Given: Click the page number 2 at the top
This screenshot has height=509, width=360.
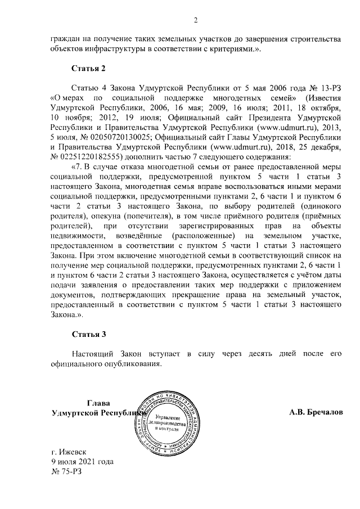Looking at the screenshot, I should click(x=196, y=21).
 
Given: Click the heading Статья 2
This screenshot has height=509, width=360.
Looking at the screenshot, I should click(x=88, y=69).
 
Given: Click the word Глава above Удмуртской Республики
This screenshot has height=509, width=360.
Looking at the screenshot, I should click(x=98, y=403).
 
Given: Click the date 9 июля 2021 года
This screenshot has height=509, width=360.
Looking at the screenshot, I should click(x=82, y=461).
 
